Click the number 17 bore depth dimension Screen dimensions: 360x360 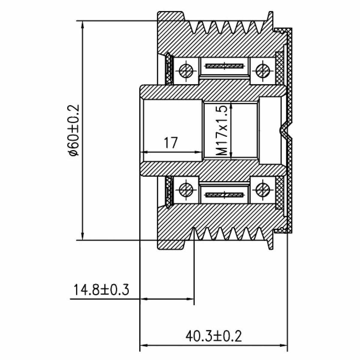(x=171, y=143)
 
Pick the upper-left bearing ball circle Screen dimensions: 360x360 (x=186, y=71)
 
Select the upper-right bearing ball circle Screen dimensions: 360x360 (x=263, y=71)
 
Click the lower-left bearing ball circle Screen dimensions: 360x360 (x=186, y=190)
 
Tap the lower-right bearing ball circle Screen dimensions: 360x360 (x=263, y=190)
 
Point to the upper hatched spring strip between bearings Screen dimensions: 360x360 (x=224, y=66)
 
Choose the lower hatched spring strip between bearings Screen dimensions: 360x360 (x=224, y=195)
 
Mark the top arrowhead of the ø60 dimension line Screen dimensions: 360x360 (x=83, y=25)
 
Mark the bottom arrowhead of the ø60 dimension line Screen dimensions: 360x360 (x=83, y=236)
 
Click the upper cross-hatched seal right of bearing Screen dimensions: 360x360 (x=279, y=68)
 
